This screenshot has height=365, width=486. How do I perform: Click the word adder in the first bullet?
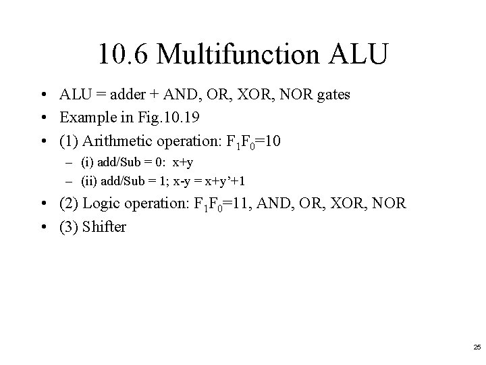[135, 95]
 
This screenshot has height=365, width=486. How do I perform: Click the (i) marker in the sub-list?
[88, 162]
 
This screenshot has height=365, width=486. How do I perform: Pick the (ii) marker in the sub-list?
[89, 181]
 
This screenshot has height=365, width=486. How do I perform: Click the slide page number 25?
[477, 347]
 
